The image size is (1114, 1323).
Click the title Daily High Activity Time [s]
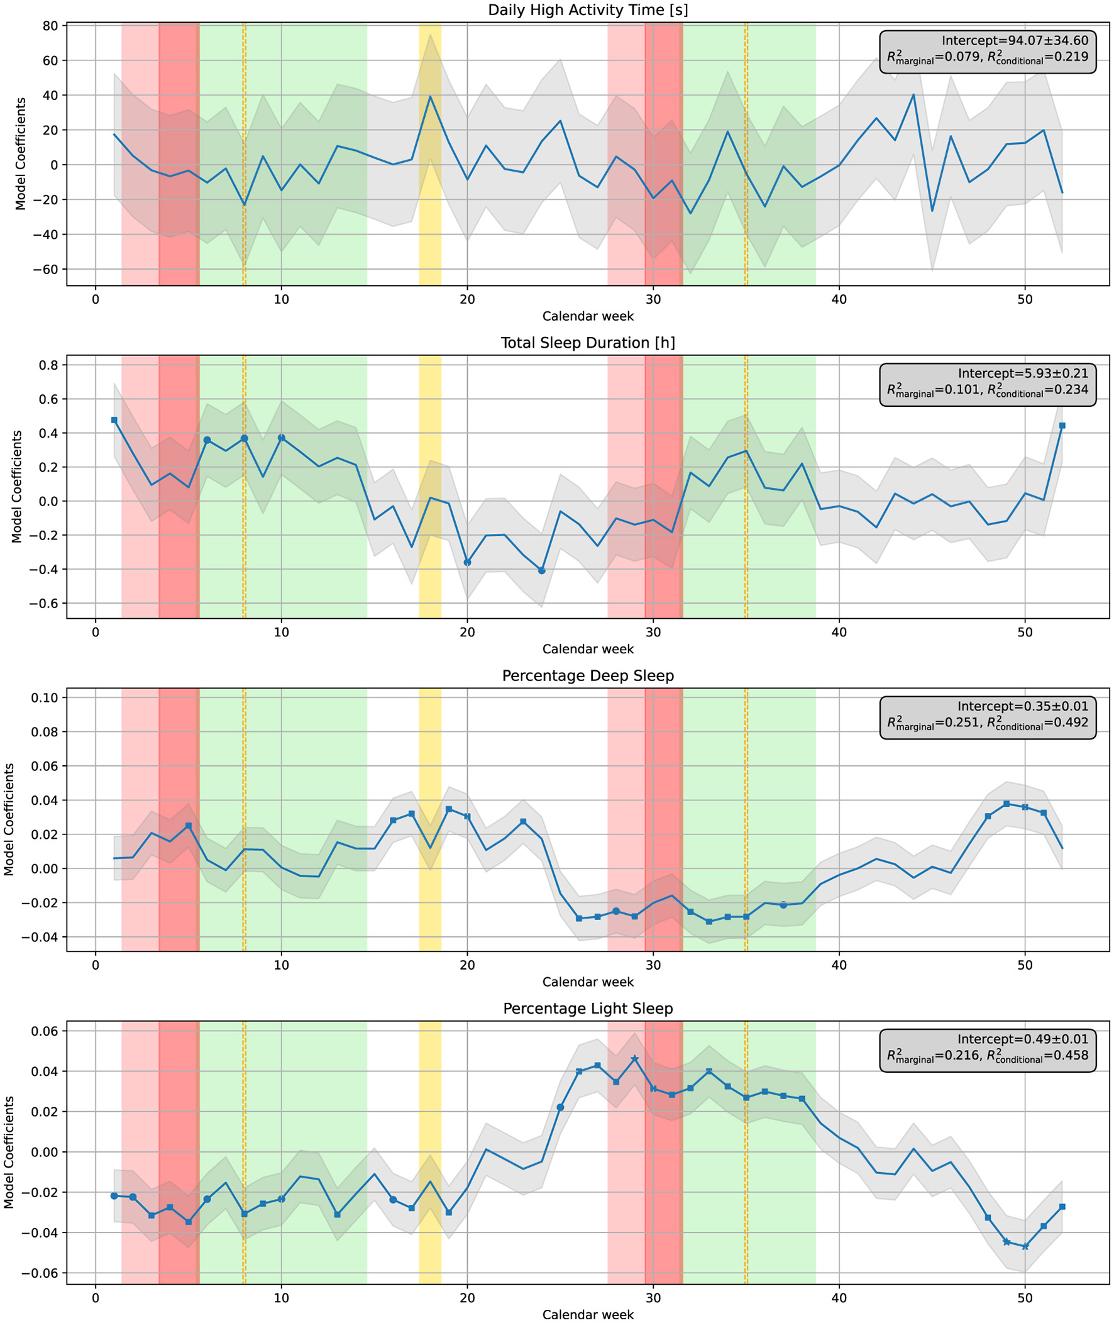pos(588,10)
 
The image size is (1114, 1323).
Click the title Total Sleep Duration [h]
pos(588,343)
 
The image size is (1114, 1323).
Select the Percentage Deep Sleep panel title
pos(588,676)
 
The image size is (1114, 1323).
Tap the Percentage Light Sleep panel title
pos(588,1009)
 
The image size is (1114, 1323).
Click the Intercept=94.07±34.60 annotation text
pos(1015,41)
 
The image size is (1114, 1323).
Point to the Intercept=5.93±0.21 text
pos(1023,374)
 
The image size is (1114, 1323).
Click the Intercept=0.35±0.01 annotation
pos(1023,707)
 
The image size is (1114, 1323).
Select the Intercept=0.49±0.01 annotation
pos(1023,1039)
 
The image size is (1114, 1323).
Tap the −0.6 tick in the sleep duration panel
pos(43,604)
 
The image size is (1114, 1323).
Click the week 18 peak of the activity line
pos(430,97)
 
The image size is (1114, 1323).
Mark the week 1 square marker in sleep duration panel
pos(114,420)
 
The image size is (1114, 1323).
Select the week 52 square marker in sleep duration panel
pos(1062,426)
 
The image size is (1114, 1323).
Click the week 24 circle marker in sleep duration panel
pos(541,571)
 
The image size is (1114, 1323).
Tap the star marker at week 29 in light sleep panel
pos(635,1059)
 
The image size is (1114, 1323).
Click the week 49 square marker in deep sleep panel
pos(1006,804)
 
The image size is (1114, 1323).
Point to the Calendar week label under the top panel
pos(588,316)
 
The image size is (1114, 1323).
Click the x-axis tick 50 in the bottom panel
pos(1025,1298)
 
